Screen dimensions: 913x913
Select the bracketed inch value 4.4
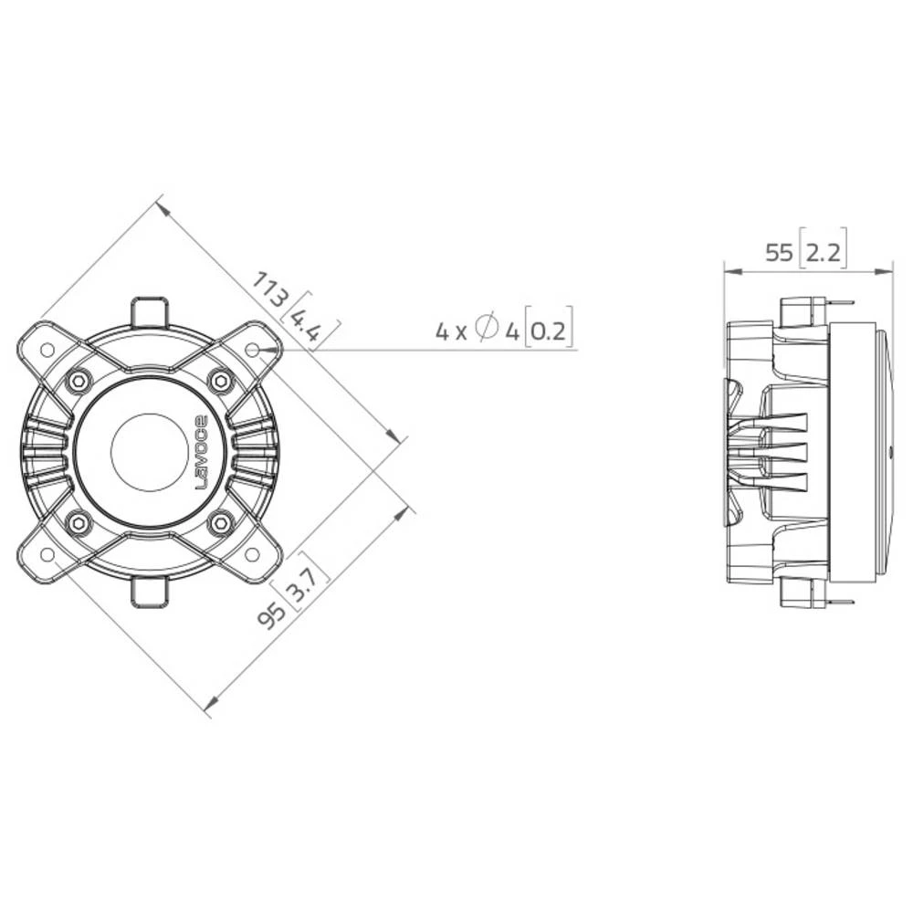310,320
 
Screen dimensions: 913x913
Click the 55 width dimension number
779,253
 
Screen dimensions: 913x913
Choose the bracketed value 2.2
823,253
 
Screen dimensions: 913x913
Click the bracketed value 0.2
551,331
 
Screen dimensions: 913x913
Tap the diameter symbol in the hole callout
488,327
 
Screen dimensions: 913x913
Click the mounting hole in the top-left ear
46,349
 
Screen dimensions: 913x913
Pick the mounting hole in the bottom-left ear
46,554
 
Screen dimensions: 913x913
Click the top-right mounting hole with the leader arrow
252,349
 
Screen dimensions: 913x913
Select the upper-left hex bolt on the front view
79,380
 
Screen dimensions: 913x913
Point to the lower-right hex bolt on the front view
219,523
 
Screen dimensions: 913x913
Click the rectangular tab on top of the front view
149,311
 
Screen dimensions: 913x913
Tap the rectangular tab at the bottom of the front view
149,592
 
